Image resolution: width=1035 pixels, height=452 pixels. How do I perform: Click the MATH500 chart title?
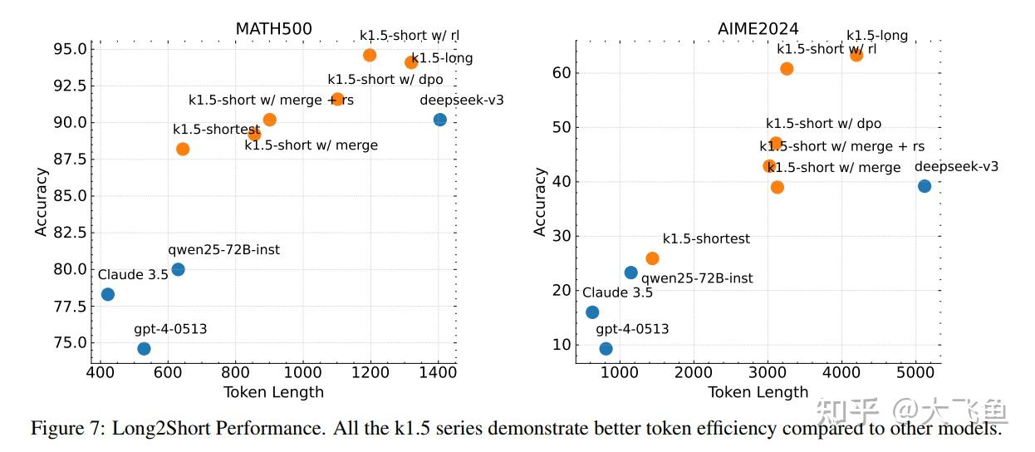point(273,29)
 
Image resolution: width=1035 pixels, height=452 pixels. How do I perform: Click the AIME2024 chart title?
point(758,29)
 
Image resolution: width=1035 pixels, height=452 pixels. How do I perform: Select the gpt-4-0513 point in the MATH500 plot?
point(144,348)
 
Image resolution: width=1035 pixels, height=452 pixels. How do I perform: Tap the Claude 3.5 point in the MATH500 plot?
point(107,294)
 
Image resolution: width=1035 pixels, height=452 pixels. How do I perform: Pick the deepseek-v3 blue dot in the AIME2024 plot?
point(925,186)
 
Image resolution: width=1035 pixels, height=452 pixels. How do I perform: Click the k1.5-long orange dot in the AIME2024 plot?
point(856,55)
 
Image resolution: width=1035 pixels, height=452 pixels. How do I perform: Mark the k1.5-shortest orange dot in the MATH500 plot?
point(183,149)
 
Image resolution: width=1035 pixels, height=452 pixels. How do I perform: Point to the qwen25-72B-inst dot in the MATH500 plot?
point(178,269)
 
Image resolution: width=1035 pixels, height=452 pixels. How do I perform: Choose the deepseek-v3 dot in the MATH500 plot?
point(440,120)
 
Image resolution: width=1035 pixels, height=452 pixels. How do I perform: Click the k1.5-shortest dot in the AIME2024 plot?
point(652,258)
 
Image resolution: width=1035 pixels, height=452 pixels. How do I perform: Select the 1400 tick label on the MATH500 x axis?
point(437,373)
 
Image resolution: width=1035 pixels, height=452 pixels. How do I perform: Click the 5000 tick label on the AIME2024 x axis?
point(915,373)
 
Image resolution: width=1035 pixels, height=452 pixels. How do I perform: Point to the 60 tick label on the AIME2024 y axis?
point(561,73)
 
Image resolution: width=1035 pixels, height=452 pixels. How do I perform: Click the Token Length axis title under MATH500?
point(273,392)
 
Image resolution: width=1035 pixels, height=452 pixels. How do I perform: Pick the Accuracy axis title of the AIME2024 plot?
point(540,202)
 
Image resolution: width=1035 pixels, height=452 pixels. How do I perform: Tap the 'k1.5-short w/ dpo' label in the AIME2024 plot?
point(823,124)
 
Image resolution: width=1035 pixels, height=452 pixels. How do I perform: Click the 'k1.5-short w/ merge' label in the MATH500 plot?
point(311,145)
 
